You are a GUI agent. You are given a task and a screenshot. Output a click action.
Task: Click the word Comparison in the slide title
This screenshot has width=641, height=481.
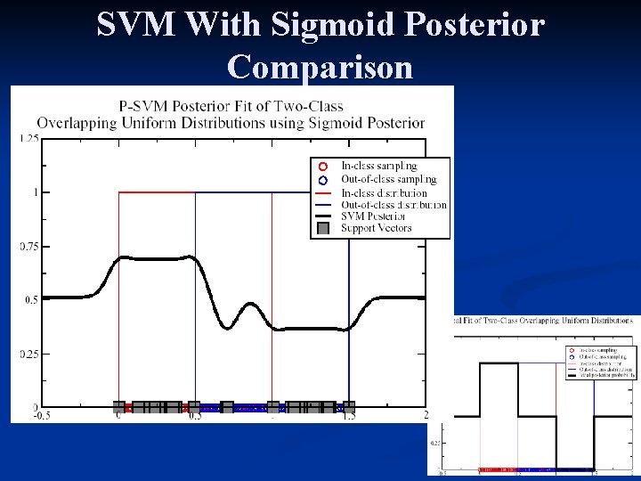tap(320, 67)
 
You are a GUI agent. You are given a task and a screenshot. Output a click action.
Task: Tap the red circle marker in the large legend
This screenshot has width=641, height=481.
tap(323, 167)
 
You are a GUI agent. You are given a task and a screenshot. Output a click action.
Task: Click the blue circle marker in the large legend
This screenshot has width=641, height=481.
tap(323, 179)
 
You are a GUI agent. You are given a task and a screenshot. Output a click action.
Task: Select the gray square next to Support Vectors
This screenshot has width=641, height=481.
tap(323, 228)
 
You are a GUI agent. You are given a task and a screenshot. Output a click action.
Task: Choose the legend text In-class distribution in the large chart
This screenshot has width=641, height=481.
tap(384, 192)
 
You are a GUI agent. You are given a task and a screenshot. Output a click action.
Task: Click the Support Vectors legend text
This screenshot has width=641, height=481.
tap(377, 228)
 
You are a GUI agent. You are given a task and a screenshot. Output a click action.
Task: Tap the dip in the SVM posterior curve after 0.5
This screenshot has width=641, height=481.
tap(228, 328)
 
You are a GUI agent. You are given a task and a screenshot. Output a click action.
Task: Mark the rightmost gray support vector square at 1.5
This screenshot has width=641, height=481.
tap(349, 407)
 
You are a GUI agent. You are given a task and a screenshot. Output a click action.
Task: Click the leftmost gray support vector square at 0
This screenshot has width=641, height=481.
tap(119, 407)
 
